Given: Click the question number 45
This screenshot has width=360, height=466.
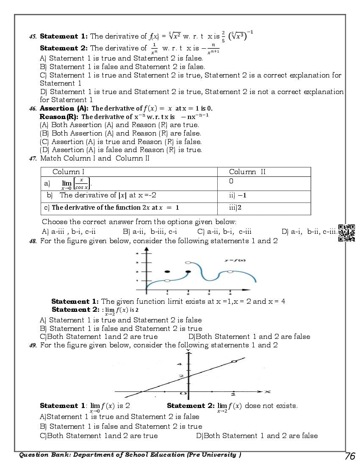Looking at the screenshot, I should [32, 37].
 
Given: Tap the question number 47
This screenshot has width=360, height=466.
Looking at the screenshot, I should [32, 158].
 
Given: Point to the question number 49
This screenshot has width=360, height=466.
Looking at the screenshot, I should [32, 345].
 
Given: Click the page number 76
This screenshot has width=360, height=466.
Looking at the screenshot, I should [350, 456].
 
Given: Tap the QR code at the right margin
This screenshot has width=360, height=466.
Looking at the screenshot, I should [346, 233].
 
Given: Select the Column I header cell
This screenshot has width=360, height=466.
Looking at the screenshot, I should [68, 172].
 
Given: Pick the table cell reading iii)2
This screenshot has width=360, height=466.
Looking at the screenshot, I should [235, 208].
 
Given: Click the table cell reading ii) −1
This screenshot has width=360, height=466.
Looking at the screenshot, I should [238, 195].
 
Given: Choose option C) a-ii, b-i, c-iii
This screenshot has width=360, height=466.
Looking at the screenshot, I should [224, 232].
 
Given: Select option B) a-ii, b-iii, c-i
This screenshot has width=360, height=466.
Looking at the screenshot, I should [150, 232].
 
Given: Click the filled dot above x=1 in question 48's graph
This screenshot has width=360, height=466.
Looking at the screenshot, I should [167, 271].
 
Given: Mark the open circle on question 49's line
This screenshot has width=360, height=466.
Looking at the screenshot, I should [234, 361].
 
